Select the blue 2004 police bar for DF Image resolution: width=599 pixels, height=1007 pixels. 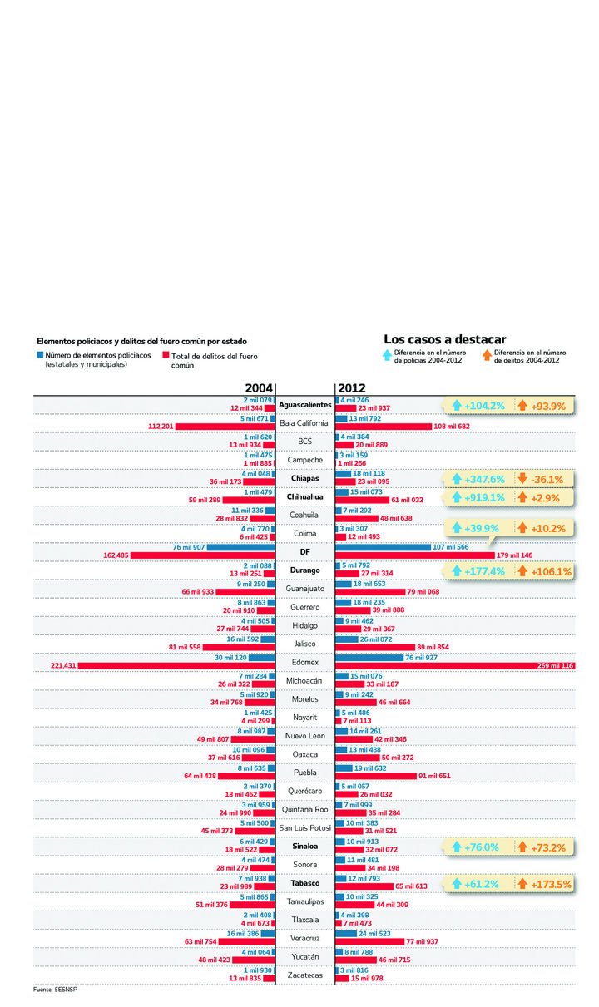coord(241,546)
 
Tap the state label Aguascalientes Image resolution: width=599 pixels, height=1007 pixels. coord(304,405)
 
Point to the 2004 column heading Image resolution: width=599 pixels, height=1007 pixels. coord(258,388)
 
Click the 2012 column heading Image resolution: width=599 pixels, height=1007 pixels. coord(351,388)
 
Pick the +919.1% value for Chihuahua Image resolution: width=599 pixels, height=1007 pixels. coord(485,497)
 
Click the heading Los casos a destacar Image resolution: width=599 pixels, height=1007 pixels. coord(444,339)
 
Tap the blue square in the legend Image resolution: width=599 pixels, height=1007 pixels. coord(40,355)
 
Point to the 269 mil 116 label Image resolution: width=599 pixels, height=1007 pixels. coord(555,665)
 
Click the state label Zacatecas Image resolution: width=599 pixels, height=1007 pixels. coord(304,975)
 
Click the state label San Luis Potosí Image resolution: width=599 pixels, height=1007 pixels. coord(304,827)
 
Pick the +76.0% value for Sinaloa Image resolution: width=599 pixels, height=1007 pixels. coord(485,847)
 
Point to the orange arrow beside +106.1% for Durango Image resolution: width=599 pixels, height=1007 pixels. coord(522,571)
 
